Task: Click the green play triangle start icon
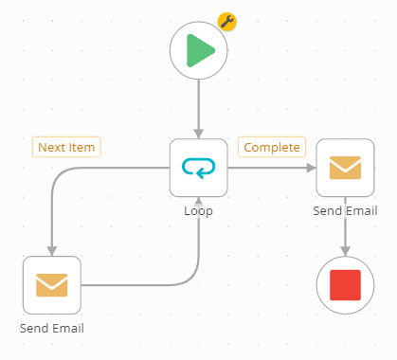pos(200,50)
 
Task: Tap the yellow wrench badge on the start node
pos(227,22)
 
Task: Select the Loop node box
pos(199,168)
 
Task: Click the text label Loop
pos(199,210)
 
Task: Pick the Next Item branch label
pos(67,147)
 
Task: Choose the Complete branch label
pos(272,147)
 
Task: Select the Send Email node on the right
pos(345,168)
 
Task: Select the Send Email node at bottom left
pos(52,285)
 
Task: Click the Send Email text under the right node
pos(345,210)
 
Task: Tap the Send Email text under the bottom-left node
pos(52,328)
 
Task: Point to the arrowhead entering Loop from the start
pos(199,132)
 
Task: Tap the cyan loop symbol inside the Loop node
pos(199,168)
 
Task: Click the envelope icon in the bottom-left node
pos(52,285)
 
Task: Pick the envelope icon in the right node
pos(345,168)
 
